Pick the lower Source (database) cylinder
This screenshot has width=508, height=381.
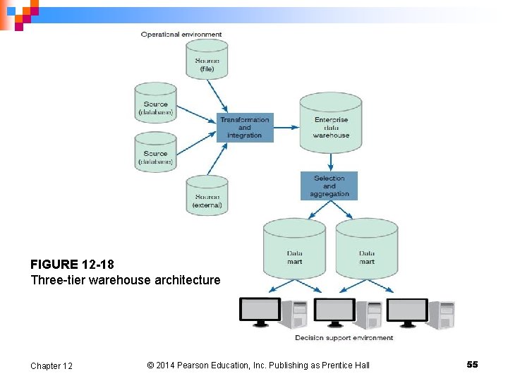155,153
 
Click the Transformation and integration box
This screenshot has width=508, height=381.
244,128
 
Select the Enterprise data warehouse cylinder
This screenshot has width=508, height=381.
330,123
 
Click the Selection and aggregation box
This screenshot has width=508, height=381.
329,186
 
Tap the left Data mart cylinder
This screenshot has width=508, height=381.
294,250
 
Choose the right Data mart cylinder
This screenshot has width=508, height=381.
366,250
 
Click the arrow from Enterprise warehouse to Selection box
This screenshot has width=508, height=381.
330,163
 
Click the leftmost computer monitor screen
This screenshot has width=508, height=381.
260,309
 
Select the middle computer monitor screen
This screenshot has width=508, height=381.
334,309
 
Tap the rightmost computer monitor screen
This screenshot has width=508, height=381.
407,309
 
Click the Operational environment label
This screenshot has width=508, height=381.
181,34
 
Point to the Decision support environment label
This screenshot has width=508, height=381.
344,338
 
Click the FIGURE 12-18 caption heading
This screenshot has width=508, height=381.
72,265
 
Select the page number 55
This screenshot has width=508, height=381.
472,364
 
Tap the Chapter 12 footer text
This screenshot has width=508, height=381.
51,365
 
